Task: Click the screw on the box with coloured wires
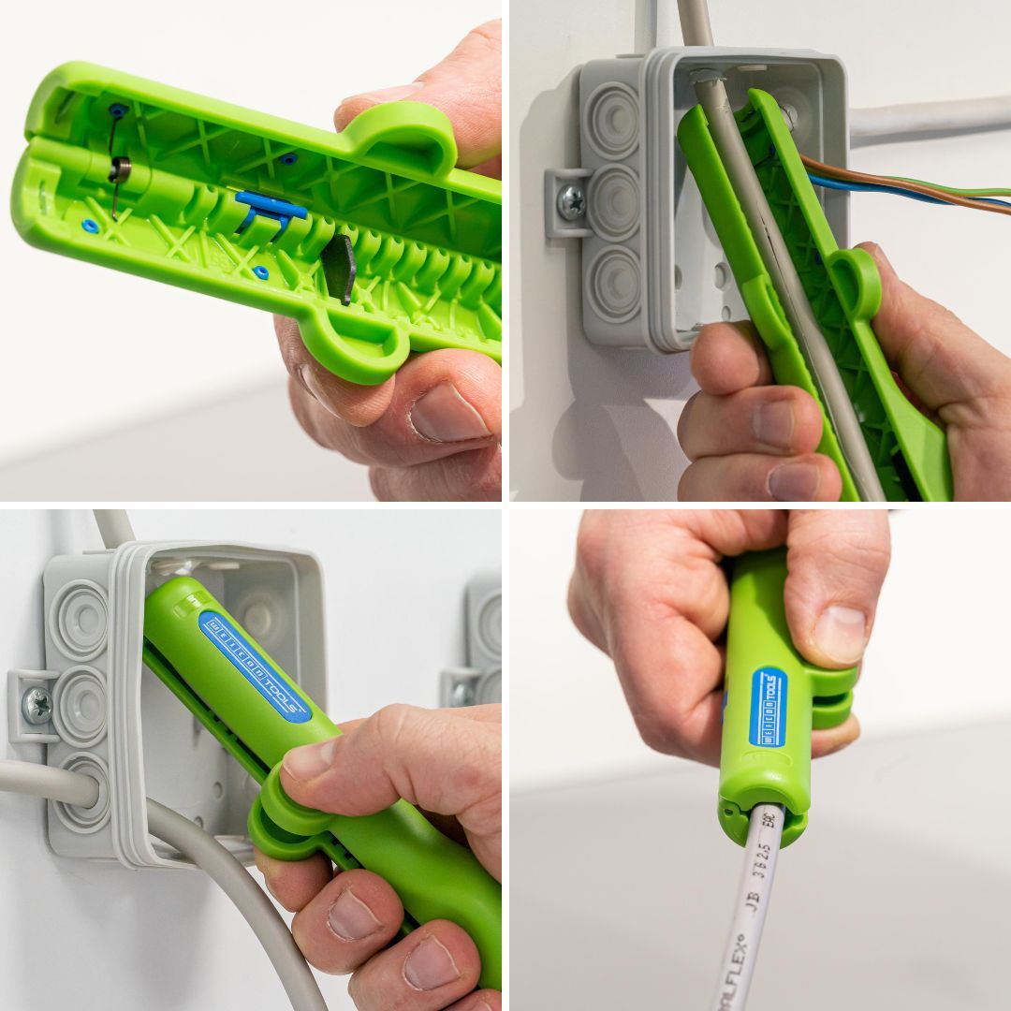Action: [x=570, y=200]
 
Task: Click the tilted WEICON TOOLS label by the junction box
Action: [x=255, y=666]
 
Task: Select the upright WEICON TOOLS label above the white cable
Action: [x=768, y=707]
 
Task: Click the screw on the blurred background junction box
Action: [x=462, y=693]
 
